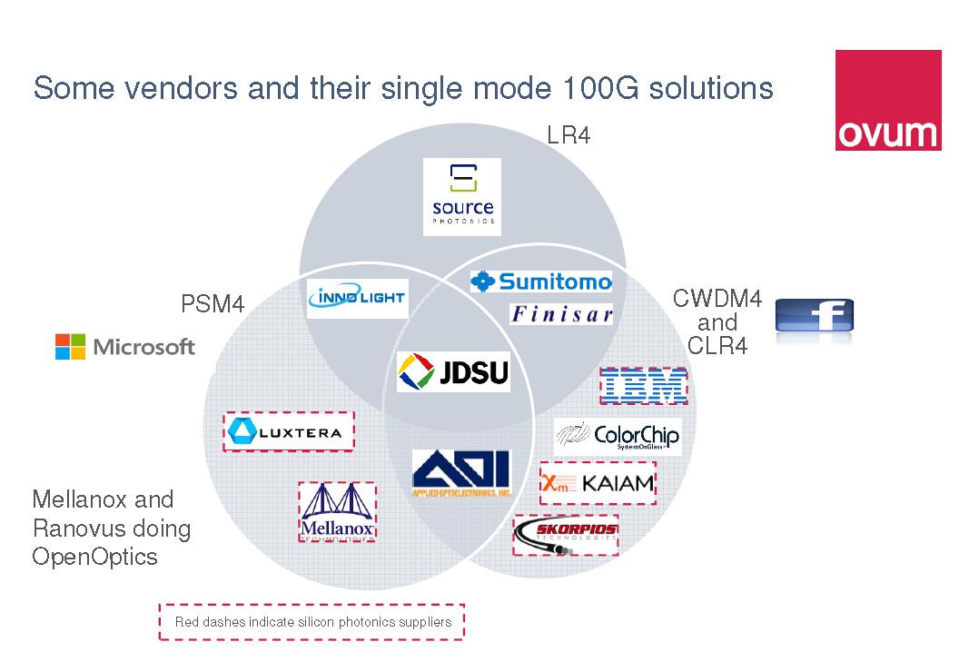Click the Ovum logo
[887, 100]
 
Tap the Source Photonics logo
[463, 196]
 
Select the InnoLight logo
[358, 299]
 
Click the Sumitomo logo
[541, 282]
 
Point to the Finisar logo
[561, 314]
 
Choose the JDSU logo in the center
[454, 372]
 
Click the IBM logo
[643, 386]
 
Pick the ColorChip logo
[617, 437]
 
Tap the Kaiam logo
[598, 482]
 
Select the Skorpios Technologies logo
[566, 534]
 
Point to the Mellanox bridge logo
[337, 512]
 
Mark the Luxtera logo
[288, 431]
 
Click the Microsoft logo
[125, 346]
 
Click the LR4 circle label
[569, 136]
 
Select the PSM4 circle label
[213, 304]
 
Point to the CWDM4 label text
[717, 298]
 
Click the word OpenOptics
[94, 557]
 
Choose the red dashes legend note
[311, 622]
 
